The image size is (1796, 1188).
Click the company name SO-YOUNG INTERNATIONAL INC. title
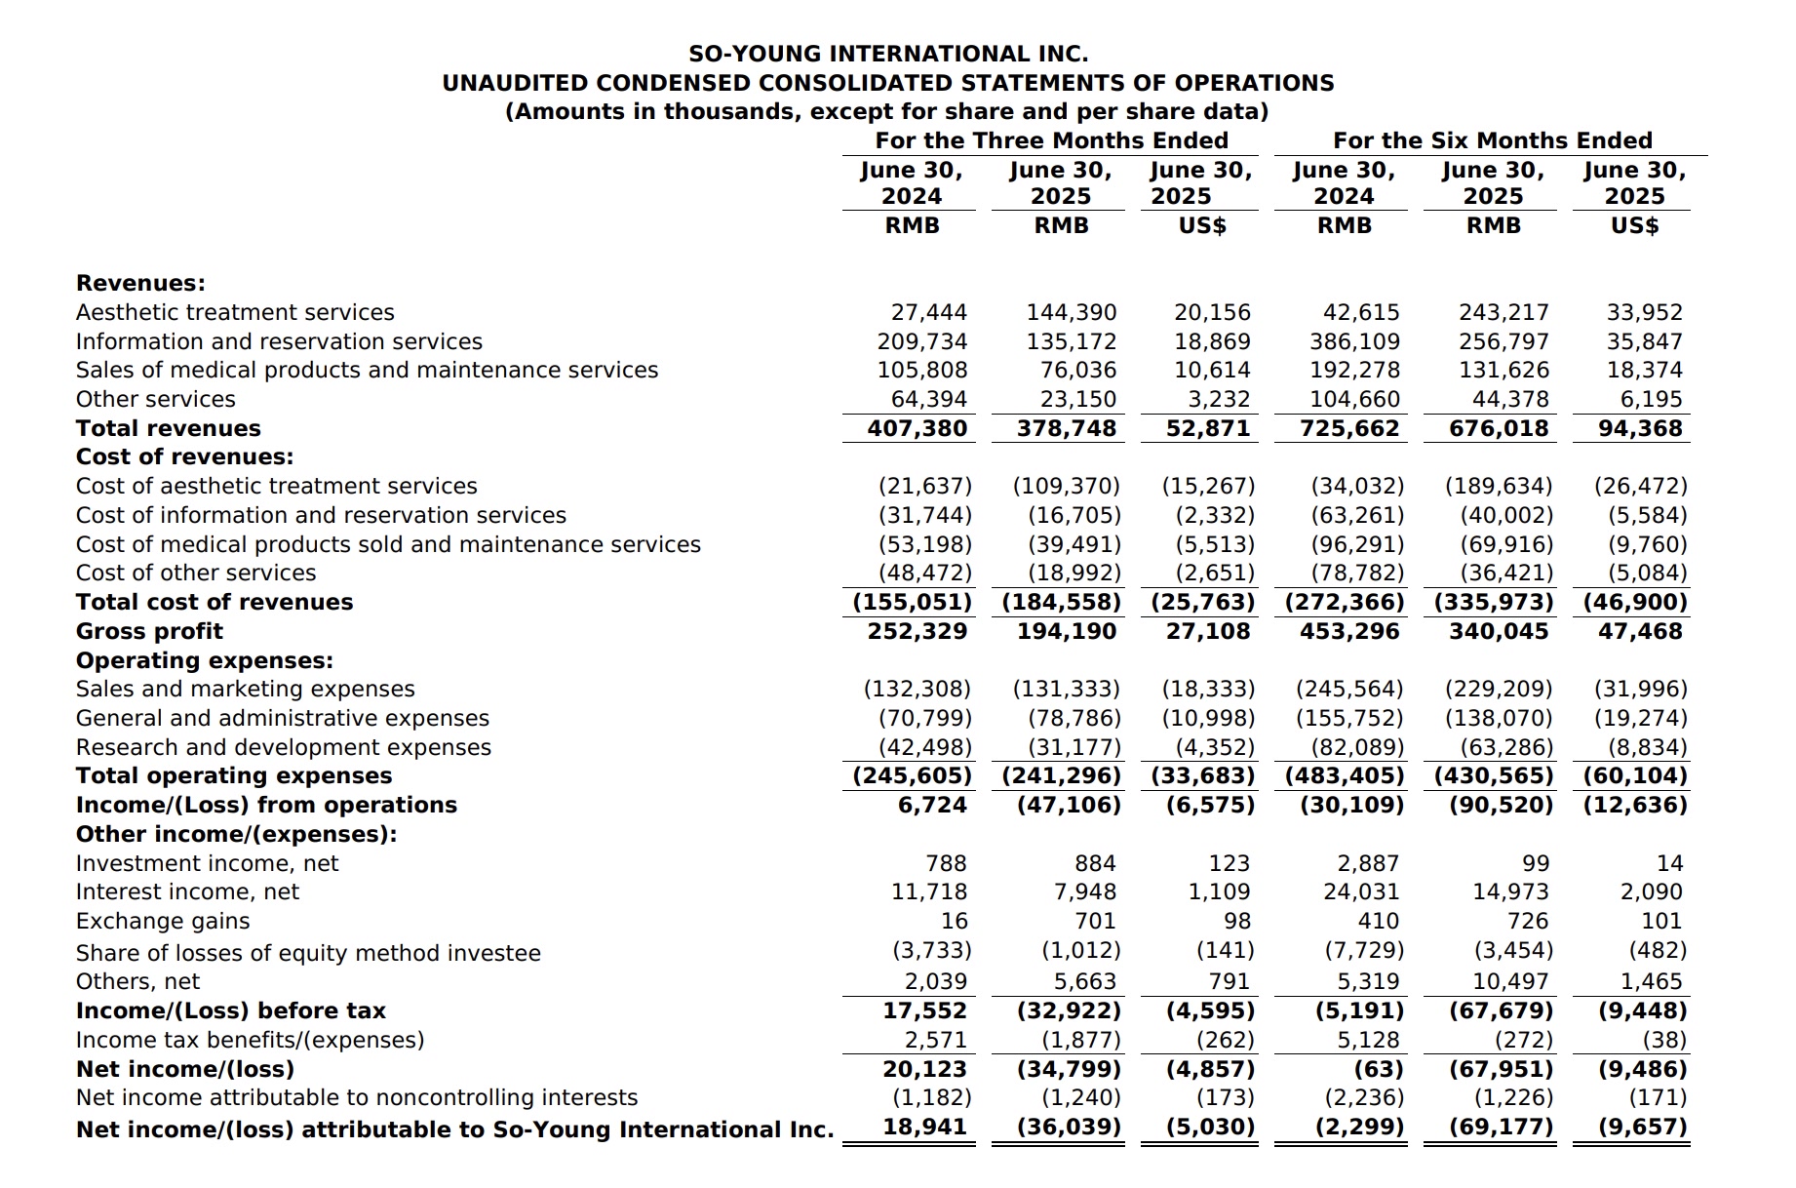888,54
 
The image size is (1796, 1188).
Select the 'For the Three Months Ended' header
1051,140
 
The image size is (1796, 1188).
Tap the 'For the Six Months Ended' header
1492,140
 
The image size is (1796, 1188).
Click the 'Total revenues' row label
169,428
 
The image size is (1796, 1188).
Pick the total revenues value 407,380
917,428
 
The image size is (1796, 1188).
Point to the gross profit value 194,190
1066,631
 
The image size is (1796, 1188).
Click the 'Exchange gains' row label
163,921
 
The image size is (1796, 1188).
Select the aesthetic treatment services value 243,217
1503,312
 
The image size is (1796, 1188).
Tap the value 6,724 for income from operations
931,805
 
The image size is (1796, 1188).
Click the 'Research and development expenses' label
284,747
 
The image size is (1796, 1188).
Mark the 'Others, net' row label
137,981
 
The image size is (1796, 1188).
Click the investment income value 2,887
1367,863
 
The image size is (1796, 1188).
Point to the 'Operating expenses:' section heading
205,660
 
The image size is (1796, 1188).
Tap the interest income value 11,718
928,891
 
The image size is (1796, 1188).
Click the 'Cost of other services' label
196,573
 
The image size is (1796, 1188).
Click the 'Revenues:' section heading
140,283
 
